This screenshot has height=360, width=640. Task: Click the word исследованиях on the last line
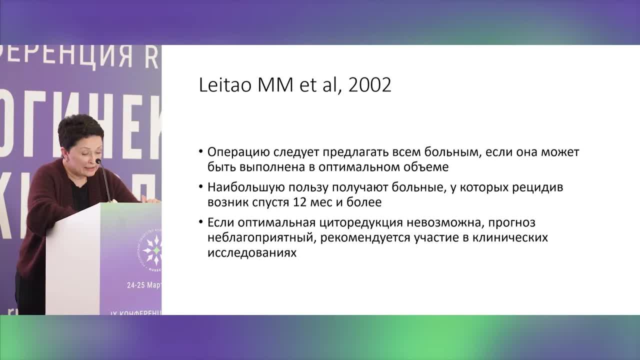pyautogui.click(x=252, y=252)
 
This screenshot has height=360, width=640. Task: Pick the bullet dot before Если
pyautogui.click(x=200, y=222)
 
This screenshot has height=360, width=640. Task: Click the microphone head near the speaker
pyautogui.click(x=98, y=161)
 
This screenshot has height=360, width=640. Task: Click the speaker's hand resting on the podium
pyautogui.click(x=149, y=199)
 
